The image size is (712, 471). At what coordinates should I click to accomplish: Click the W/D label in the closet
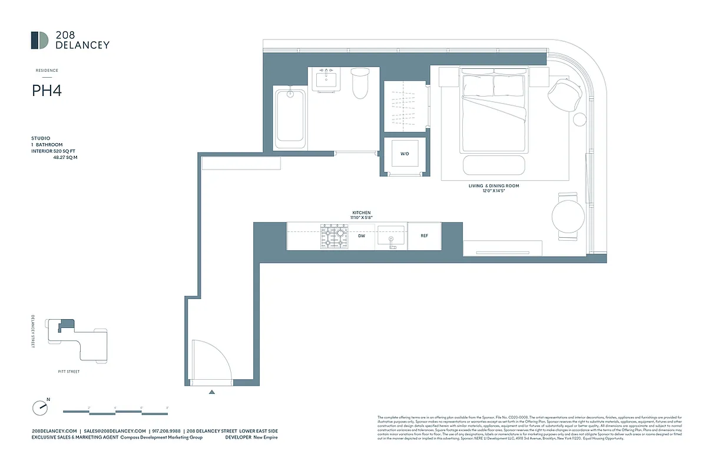(405, 154)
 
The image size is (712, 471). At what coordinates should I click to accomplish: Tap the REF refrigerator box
(424, 235)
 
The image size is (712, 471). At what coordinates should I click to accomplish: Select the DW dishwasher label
(362, 235)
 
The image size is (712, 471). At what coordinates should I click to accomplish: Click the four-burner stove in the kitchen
(333, 236)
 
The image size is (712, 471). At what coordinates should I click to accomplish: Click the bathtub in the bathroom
(290, 117)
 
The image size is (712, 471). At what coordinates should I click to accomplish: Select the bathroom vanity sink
(326, 79)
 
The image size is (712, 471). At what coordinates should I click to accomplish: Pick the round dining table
(568, 216)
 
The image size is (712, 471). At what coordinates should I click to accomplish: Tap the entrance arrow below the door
(212, 391)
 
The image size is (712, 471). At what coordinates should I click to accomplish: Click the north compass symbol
(39, 407)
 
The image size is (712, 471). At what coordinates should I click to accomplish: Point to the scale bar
(115, 411)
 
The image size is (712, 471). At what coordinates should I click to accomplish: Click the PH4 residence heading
(47, 91)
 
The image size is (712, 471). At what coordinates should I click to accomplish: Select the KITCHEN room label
(362, 213)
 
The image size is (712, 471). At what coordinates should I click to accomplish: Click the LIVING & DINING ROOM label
(494, 186)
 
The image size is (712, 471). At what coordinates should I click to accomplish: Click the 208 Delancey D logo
(39, 40)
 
